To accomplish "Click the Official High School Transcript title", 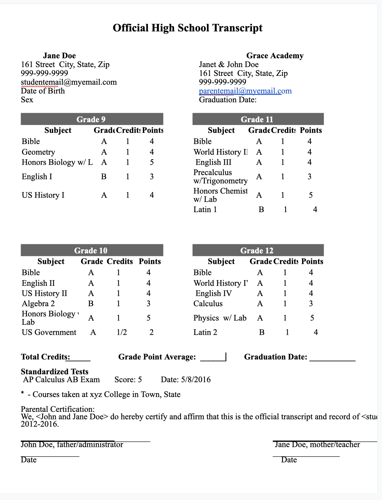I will (x=188, y=28).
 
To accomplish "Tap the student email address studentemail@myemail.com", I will (x=69, y=82).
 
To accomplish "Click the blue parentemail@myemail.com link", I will (x=245, y=91).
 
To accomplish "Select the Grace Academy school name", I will (x=275, y=56).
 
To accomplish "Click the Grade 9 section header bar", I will (x=92, y=119).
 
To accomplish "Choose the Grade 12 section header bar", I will (x=258, y=250).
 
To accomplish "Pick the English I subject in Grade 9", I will (x=37, y=176).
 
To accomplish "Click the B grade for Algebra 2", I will (x=91, y=304).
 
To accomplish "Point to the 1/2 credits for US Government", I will (x=121, y=332).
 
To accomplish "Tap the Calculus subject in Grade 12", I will (x=208, y=304).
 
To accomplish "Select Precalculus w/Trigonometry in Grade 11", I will (x=220, y=176).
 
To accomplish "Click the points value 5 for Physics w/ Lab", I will (x=312, y=318).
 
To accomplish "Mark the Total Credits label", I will (x=45, y=357).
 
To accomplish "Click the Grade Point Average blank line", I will (x=213, y=358).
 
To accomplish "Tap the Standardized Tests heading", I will (x=55, y=372).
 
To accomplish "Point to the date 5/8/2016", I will (x=196, y=379).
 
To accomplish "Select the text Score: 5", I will (x=128, y=379).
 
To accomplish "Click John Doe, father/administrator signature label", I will (x=72, y=444).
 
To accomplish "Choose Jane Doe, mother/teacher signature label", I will (x=317, y=444).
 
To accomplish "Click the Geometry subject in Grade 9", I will (x=38, y=152).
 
